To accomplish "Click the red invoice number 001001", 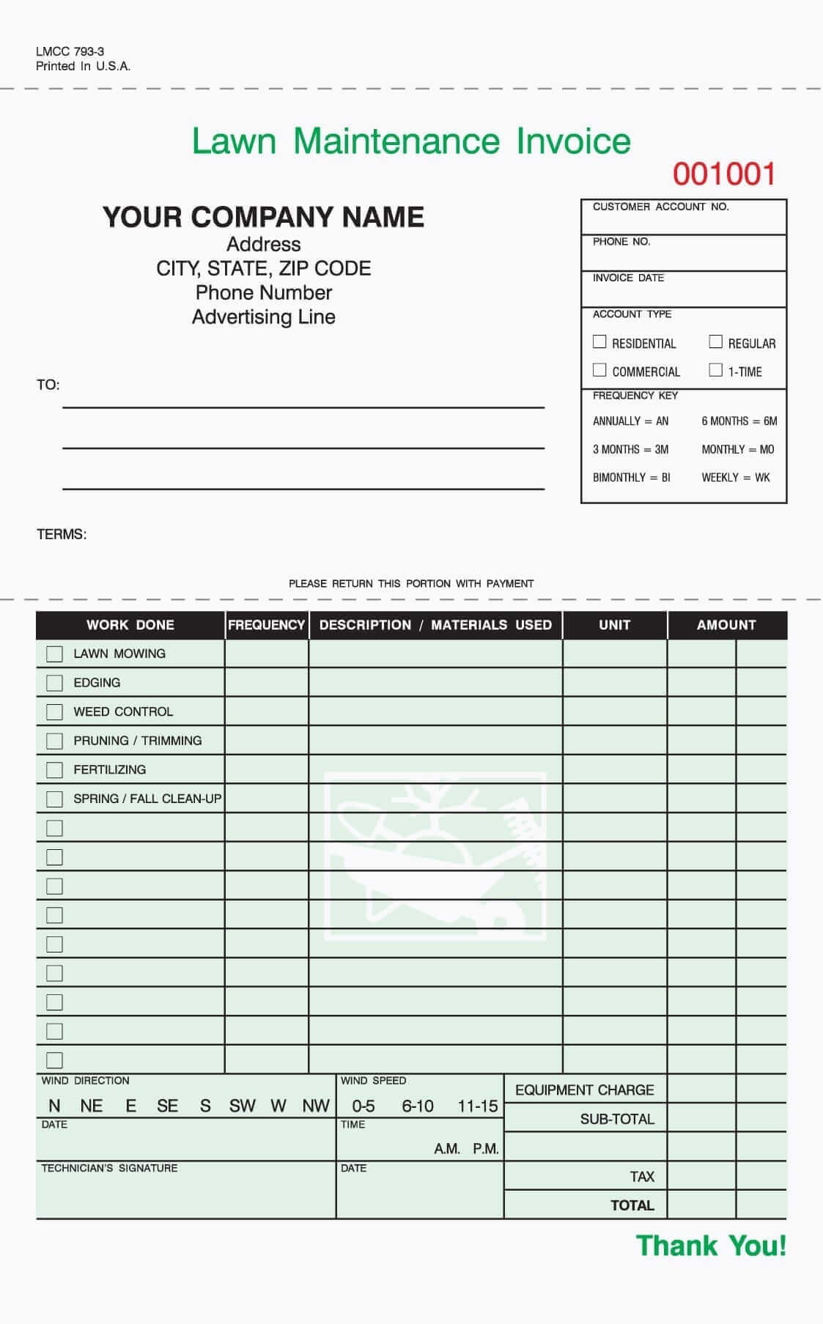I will (724, 174).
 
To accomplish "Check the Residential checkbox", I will (599, 341).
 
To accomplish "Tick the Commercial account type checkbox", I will (599, 370).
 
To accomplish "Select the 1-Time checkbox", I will (716, 370).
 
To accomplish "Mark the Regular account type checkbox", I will (716, 341).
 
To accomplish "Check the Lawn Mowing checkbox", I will (54, 654).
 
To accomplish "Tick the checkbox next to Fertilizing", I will (54, 770).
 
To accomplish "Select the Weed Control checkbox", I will (54, 711).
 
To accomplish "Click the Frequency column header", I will (266, 625).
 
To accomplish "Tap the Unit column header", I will (614, 625).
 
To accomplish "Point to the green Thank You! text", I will (711, 1246).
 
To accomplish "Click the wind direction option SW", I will (242, 1106).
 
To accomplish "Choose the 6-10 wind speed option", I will (418, 1106).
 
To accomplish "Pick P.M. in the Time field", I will (485, 1149).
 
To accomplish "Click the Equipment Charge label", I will (584, 1090).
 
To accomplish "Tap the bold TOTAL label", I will (632, 1205).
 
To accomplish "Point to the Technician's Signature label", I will (109, 1168).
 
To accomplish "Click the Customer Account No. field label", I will (660, 207).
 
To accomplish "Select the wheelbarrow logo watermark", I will (435, 856).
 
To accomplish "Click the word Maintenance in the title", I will (396, 141).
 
